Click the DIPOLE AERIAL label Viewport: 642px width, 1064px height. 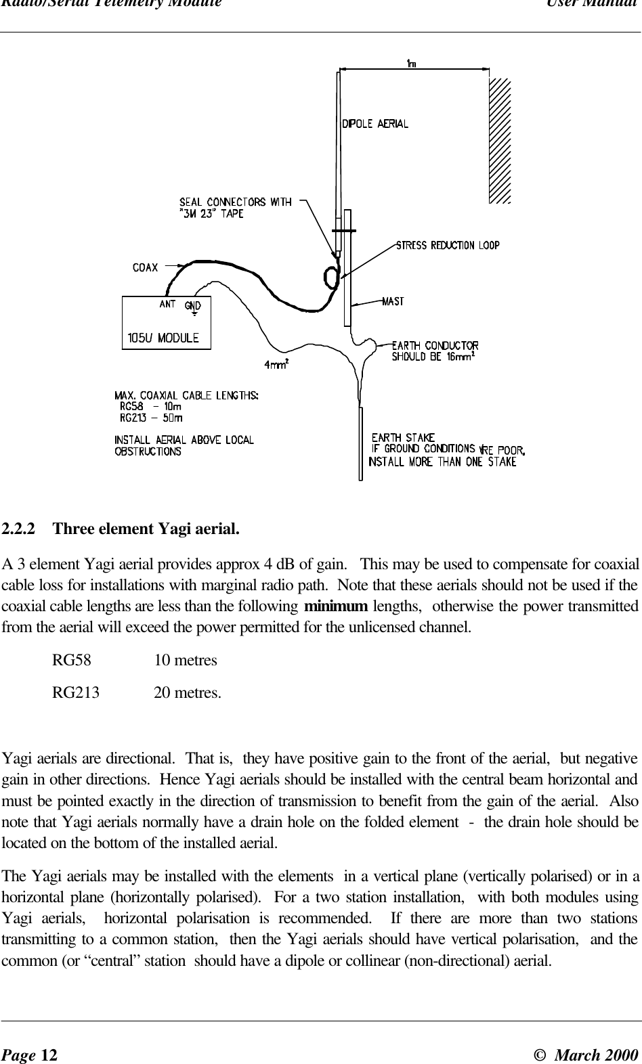374,124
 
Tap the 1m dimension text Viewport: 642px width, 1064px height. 410,63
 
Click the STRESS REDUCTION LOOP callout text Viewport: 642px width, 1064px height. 448,246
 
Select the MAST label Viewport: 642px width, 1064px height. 393,302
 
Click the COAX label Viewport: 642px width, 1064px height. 145,267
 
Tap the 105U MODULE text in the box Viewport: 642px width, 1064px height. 163,337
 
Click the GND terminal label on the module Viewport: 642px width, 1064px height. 193,305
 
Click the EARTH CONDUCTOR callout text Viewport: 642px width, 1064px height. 435,347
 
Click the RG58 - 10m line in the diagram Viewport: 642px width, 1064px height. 150,407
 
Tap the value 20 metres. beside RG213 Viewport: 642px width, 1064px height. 187,693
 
